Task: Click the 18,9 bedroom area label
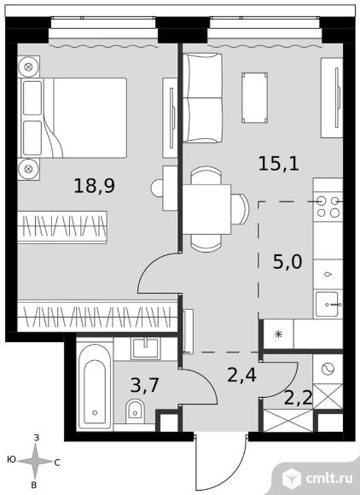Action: coord(95,185)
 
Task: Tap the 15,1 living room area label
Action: coord(279,164)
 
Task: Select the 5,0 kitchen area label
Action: coord(287,262)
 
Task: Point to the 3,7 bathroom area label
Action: coord(144,385)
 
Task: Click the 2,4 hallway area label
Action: coord(241,375)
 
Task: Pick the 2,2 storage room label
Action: coord(299,398)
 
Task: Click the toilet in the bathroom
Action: coord(135,411)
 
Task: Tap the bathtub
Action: coord(95,387)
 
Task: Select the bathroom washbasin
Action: coord(145,348)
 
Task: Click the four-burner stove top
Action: coord(328,207)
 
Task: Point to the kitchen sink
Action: coord(328,305)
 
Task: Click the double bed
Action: coord(74,118)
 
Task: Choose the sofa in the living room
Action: coord(202,98)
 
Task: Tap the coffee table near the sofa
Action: coord(254,97)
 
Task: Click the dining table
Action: coord(207,209)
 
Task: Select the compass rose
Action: coord(35,462)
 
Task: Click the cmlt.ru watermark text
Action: coord(329,478)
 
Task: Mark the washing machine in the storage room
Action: coord(328,369)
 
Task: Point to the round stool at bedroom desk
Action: coord(157,188)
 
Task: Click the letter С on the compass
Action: coord(57,463)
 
